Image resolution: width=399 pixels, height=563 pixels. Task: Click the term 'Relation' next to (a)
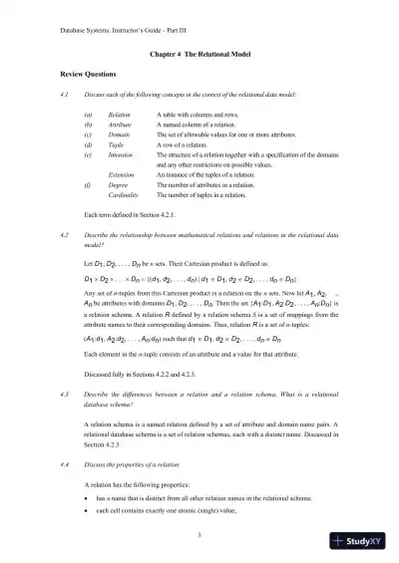point(120,116)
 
